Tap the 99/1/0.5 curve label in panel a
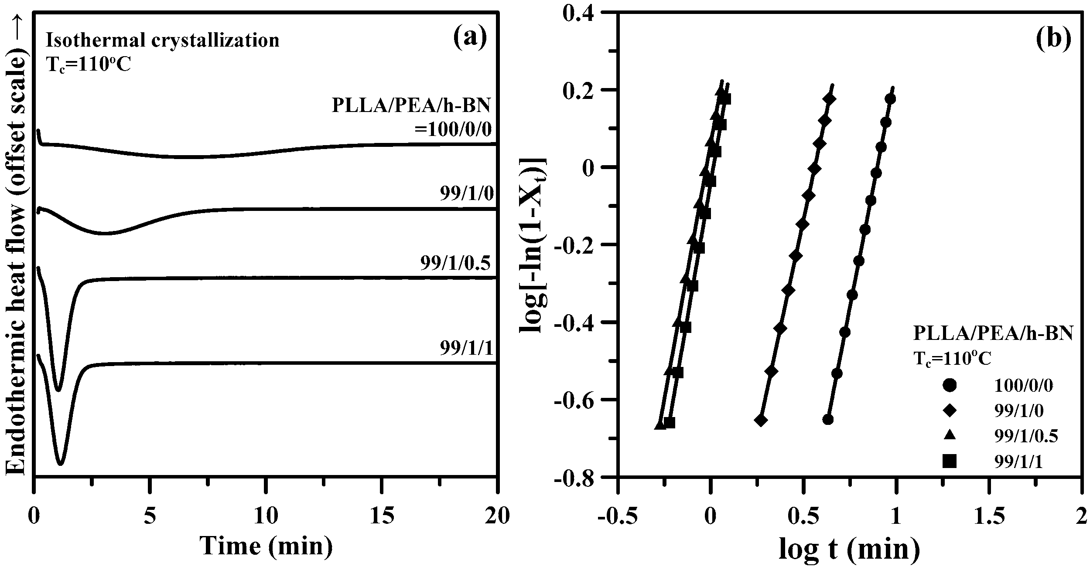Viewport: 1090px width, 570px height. pos(455,264)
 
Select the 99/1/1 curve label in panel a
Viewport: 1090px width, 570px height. pos(466,349)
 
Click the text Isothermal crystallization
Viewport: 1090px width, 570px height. pos(163,40)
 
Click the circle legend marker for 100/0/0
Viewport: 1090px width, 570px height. pos(949,386)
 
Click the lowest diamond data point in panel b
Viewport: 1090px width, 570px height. pos(761,421)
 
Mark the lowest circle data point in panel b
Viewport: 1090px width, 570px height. pos(828,420)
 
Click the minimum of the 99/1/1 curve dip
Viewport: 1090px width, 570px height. pos(61,464)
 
